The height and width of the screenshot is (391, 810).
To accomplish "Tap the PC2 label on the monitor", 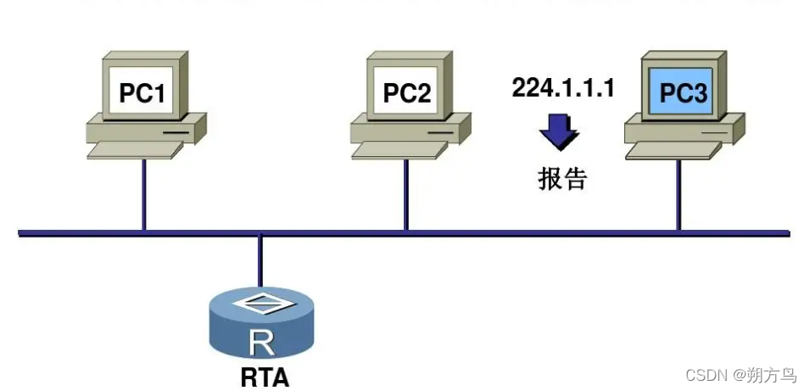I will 406,92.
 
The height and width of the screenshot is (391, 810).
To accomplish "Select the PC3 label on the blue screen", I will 683,92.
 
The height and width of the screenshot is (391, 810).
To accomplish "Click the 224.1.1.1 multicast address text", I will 562,88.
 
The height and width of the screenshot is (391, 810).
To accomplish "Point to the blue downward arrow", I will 560,132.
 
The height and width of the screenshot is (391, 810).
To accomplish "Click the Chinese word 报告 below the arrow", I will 561,178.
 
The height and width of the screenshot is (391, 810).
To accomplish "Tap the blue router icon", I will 263,327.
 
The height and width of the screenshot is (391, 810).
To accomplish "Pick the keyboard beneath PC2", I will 399,150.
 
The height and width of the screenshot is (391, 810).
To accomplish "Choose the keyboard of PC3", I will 674,150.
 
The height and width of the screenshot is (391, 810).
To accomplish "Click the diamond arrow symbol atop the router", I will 262,301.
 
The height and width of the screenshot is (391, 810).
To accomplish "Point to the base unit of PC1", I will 146,130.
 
